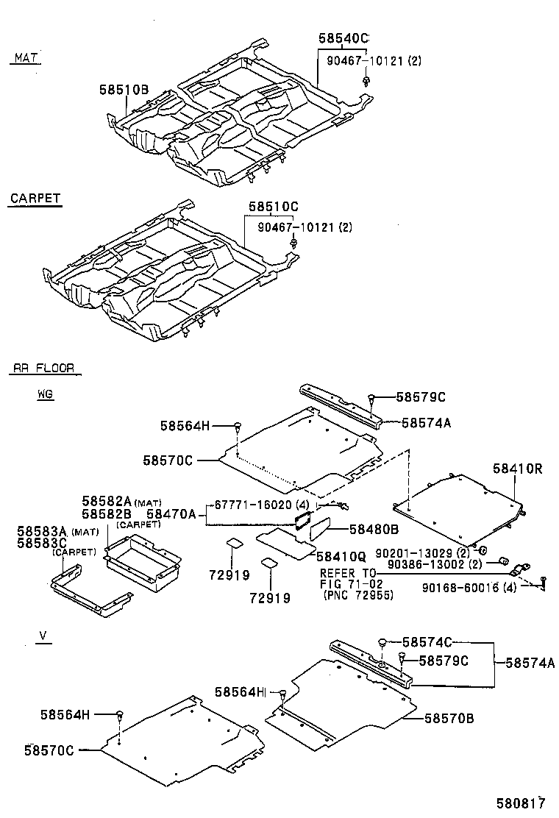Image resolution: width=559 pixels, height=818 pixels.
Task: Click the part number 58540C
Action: (x=343, y=38)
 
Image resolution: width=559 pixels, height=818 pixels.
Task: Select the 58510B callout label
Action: (x=124, y=90)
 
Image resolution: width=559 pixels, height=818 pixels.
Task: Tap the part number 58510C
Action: (x=273, y=207)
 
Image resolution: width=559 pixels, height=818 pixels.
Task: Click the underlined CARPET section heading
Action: (x=35, y=199)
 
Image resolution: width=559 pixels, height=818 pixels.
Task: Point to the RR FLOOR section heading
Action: (x=43, y=368)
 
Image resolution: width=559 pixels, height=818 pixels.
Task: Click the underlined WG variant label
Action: (x=46, y=394)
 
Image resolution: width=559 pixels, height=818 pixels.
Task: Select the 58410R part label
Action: (x=517, y=468)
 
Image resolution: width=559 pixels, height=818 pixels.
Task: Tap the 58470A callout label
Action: (x=171, y=514)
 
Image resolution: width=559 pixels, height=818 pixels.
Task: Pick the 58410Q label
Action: (x=341, y=556)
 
